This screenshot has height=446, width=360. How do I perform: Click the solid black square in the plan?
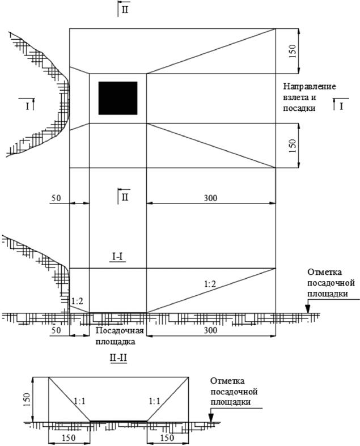coord(118,97)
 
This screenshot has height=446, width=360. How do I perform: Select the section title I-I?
coord(118,257)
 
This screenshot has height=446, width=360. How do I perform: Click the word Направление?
coord(311,87)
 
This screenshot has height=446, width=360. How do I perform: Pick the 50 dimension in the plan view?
coord(56,198)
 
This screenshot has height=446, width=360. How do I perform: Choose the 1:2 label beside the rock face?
coord(78,301)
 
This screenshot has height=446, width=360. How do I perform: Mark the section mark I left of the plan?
coord(27,106)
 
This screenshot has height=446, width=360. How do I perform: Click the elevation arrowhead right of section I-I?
coord(307,310)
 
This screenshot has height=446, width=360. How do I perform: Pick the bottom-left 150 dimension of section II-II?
coord(69,438)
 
